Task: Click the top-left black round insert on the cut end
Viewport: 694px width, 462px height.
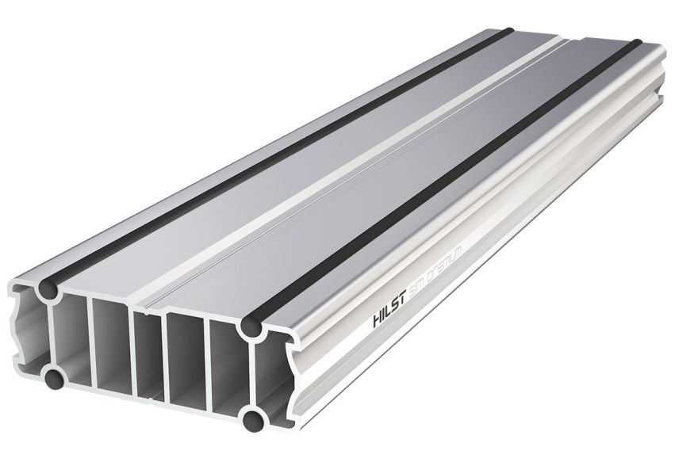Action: point(48,292)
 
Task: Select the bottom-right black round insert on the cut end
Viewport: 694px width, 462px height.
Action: point(254,418)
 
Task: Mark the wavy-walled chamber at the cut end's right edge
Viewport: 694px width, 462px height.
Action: point(278,372)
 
